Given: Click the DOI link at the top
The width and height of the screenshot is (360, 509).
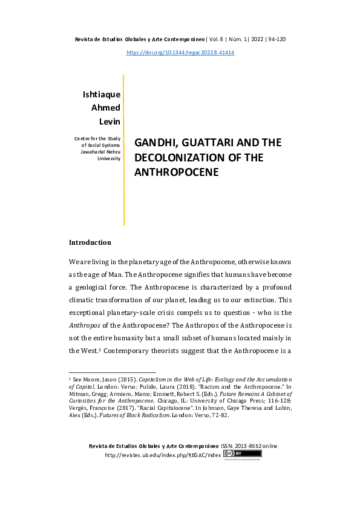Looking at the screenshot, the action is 180,53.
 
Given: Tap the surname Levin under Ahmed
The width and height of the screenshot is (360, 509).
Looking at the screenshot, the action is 110,122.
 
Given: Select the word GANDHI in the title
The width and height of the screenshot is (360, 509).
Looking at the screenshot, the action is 154,143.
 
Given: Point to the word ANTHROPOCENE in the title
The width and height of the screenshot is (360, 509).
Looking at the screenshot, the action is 175,172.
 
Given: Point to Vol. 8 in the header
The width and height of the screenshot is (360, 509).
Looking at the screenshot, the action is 218,39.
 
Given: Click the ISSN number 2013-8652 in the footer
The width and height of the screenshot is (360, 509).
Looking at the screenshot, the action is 250,446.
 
